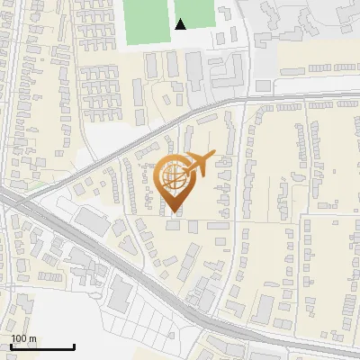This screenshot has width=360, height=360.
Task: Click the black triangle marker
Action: pyautogui.click(x=181, y=24)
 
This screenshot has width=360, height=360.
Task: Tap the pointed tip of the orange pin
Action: pyautogui.click(x=174, y=211)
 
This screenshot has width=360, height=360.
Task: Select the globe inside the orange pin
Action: pyautogui.click(x=174, y=174)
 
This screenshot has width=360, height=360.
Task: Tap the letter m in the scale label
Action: pyautogui.click(x=32, y=339)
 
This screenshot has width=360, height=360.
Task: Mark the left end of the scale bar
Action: pyautogui.click(x=11, y=347)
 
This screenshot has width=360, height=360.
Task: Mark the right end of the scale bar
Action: pyautogui.click(x=74, y=347)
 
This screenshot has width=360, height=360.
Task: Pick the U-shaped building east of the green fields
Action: pyautogui.click(x=230, y=68)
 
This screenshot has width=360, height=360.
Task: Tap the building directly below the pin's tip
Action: pyautogui.click(x=174, y=225)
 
